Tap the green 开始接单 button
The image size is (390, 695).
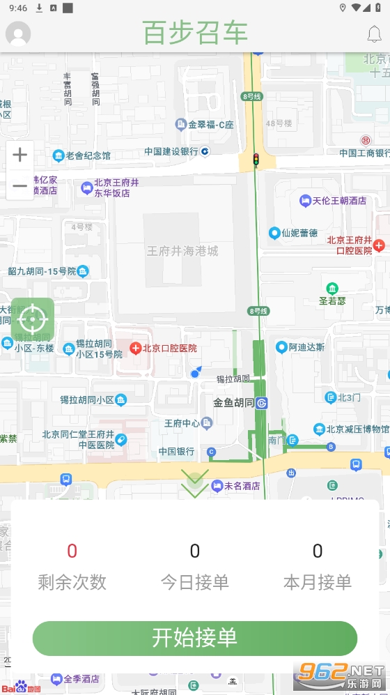point(194,638)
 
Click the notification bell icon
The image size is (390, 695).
point(375,33)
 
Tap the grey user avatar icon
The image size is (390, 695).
point(18,33)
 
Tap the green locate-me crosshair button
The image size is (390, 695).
point(32,319)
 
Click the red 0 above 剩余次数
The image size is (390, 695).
point(72,551)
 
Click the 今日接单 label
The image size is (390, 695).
point(194,582)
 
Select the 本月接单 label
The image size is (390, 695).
point(317,582)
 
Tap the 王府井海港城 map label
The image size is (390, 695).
point(182,251)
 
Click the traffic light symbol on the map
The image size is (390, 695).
point(256,160)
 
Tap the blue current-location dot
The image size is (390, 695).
point(195,374)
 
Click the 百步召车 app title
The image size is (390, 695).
point(195,33)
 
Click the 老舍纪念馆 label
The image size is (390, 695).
point(82,155)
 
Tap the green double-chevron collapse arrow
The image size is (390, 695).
point(194,483)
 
